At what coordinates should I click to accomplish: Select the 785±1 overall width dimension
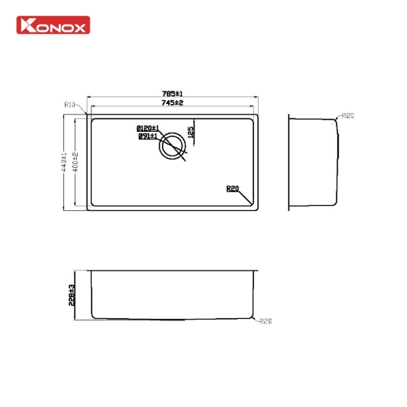[x=173, y=93]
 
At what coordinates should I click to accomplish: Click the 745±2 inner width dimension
[x=173, y=103]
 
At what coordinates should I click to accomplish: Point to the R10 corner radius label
[x=70, y=106]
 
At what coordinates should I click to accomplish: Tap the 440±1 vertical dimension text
[x=65, y=161]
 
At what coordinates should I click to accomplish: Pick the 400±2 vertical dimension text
[x=77, y=161]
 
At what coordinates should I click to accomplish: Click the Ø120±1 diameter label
[x=147, y=128]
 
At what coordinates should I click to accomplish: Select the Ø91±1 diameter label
[x=147, y=136]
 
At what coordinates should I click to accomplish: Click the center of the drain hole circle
[x=173, y=145]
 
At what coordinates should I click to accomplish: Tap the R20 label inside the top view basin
[x=231, y=189]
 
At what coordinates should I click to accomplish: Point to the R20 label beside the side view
[x=347, y=115]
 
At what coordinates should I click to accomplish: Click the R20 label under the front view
[x=265, y=322]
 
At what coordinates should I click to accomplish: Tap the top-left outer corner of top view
[x=87, y=114]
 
